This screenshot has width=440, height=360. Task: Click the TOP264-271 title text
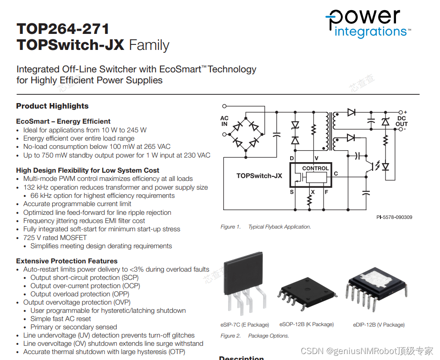pos(63,29)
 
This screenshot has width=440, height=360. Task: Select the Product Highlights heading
pos(52,106)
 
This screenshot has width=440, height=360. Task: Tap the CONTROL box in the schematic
pos(315,168)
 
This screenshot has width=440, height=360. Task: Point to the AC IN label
pos(224,121)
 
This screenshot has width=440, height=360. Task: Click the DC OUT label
pos(401,121)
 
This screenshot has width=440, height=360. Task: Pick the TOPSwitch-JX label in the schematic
pos(259,175)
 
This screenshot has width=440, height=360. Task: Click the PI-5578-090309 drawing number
pos(391,217)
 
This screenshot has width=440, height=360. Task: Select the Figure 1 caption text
pos(266,227)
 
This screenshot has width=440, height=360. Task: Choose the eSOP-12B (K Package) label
pos(307,324)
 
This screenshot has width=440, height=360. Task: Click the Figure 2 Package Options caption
pos(255,336)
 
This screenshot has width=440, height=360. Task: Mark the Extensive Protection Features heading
pos(67,261)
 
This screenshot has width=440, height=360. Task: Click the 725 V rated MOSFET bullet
pos(55,237)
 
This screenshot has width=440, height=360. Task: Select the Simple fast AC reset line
pos(60,319)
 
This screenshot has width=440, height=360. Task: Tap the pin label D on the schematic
pos(291,158)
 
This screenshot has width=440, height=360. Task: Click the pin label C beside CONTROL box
pos(335,174)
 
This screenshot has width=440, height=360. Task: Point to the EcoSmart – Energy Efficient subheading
pos(63,121)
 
